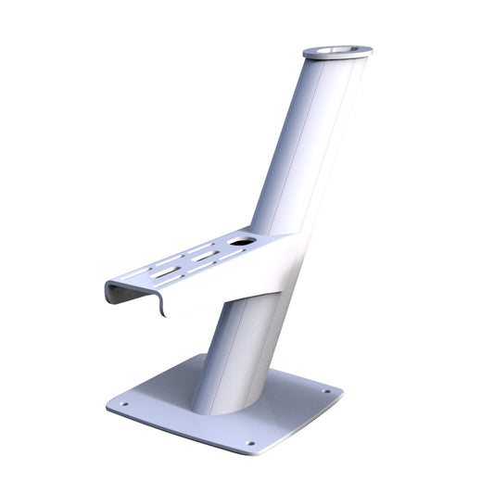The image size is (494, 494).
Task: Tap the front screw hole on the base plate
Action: point(250,443)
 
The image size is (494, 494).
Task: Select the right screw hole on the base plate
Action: point(326,391)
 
